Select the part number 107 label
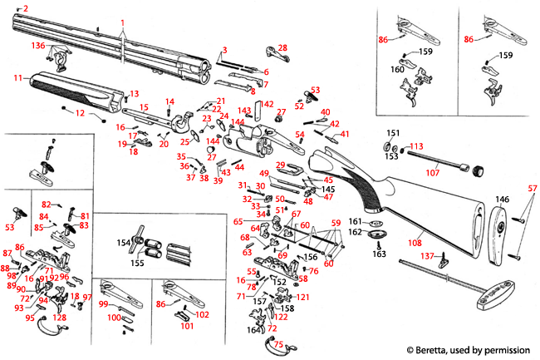click(x=432, y=173)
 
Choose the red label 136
click(x=38, y=45)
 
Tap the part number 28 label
click(x=282, y=47)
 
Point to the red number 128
click(x=60, y=318)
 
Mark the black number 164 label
click(x=251, y=330)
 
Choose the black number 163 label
click(x=379, y=254)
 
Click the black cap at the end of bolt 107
click(x=478, y=172)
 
